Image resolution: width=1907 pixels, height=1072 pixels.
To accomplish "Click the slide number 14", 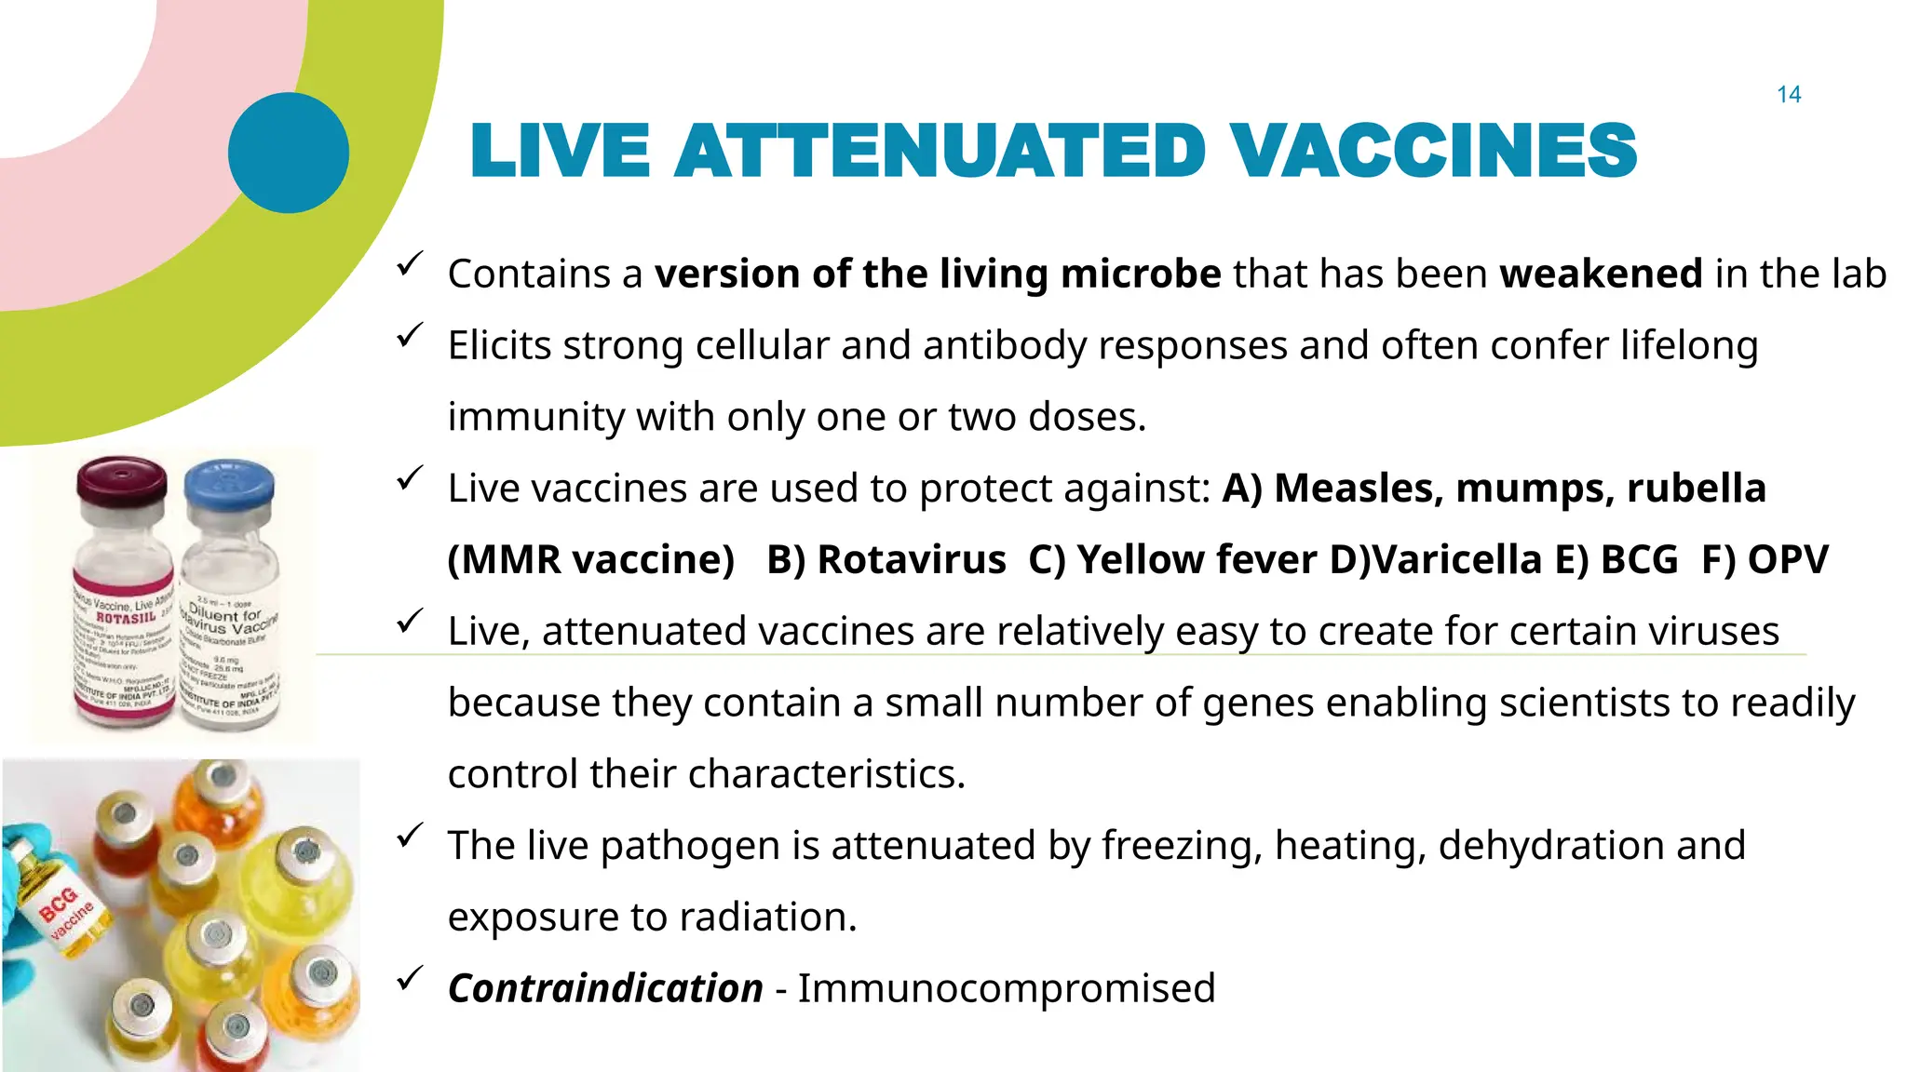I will coord(1788,95).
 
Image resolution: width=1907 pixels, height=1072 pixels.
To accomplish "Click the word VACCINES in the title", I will coord(1433,151).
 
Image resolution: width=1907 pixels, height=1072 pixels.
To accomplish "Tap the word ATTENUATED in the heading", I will coord(940,151).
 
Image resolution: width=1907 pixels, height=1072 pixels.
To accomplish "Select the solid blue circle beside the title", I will coord(289,153).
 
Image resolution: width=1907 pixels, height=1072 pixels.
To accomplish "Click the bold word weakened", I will coord(1601,275).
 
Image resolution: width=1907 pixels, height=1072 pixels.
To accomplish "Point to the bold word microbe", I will coord(1141,275).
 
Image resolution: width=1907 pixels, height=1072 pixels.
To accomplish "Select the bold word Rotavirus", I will coord(912,560).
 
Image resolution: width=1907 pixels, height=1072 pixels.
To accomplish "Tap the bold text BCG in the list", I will coord(1639,560).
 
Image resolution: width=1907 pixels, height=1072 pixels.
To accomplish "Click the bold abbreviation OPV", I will coord(1788,560).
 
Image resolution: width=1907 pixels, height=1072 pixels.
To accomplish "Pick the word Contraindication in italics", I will coord(605,988).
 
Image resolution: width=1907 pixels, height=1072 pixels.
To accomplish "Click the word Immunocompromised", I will coord(1007,988).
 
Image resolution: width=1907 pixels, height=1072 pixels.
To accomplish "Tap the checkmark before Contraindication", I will coord(410,978).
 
